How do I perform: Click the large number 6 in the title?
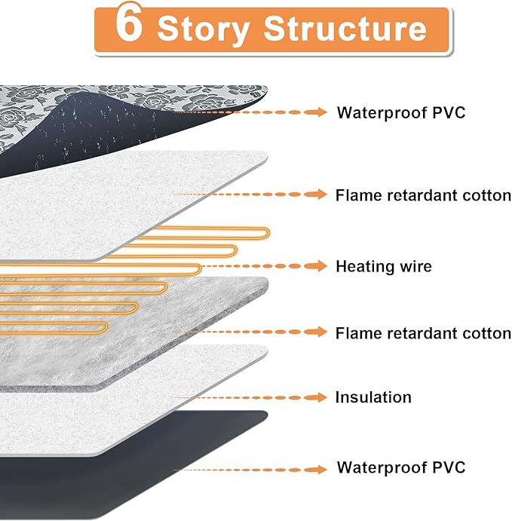pyautogui.click(x=130, y=27)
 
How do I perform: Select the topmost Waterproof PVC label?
pyautogui.click(x=400, y=113)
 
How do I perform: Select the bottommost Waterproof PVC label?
pyautogui.click(x=400, y=467)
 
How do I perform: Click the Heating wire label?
pyautogui.click(x=383, y=266)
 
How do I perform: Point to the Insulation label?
pyautogui.click(x=373, y=397)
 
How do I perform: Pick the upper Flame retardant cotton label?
pyautogui.click(x=423, y=195)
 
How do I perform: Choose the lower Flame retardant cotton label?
pyautogui.click(x=423, y=333)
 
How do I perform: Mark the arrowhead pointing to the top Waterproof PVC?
pyautogui.click(x=321, y=113)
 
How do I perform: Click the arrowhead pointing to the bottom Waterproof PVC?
pyautogui.click(x=321, y=469)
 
